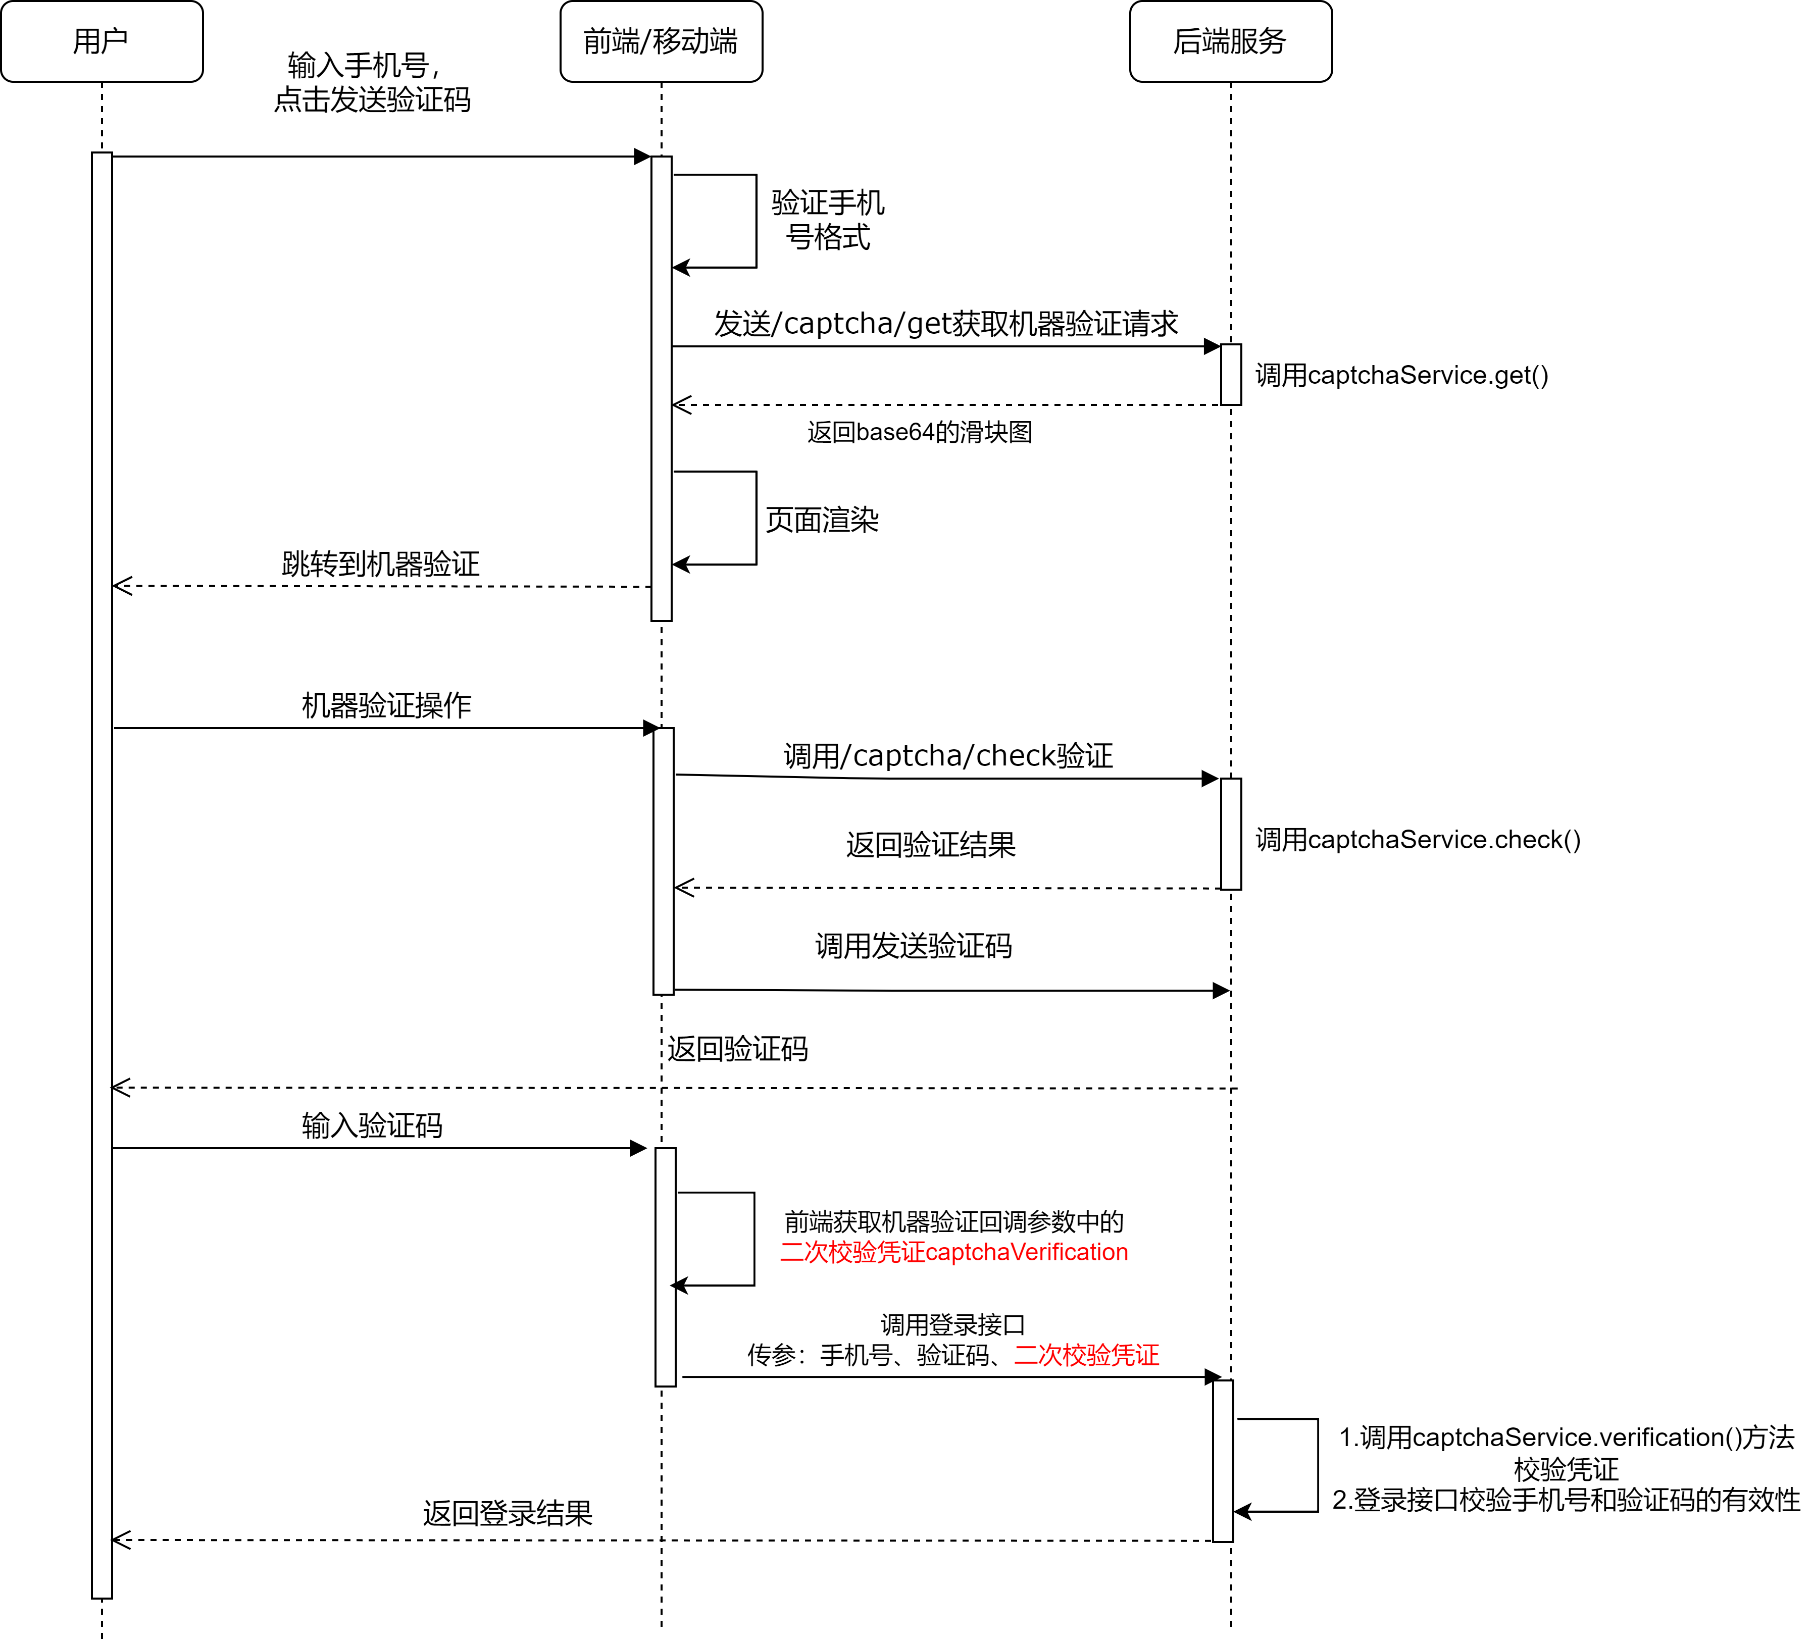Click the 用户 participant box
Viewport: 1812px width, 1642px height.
tap(102, 41)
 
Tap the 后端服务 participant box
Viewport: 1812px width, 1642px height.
tap(1230, 41)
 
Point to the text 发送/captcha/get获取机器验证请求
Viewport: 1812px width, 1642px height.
tap(945, 324)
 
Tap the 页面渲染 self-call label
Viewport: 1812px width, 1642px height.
tap(822, 520)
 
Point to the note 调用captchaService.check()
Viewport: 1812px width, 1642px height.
tap(1418, 839)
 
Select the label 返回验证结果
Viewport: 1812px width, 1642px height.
tap(930, 845)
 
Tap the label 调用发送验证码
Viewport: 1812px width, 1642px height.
tap(913, 946)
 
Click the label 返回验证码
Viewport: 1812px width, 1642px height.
tap(737, 1049)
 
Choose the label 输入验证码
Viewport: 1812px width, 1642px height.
tap(372, 1125)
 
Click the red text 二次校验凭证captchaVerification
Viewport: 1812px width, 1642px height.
tap(953, 1252)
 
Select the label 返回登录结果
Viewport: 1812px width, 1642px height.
tap(508, 1513)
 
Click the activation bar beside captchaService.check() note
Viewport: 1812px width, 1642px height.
tap(1230, 834)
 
